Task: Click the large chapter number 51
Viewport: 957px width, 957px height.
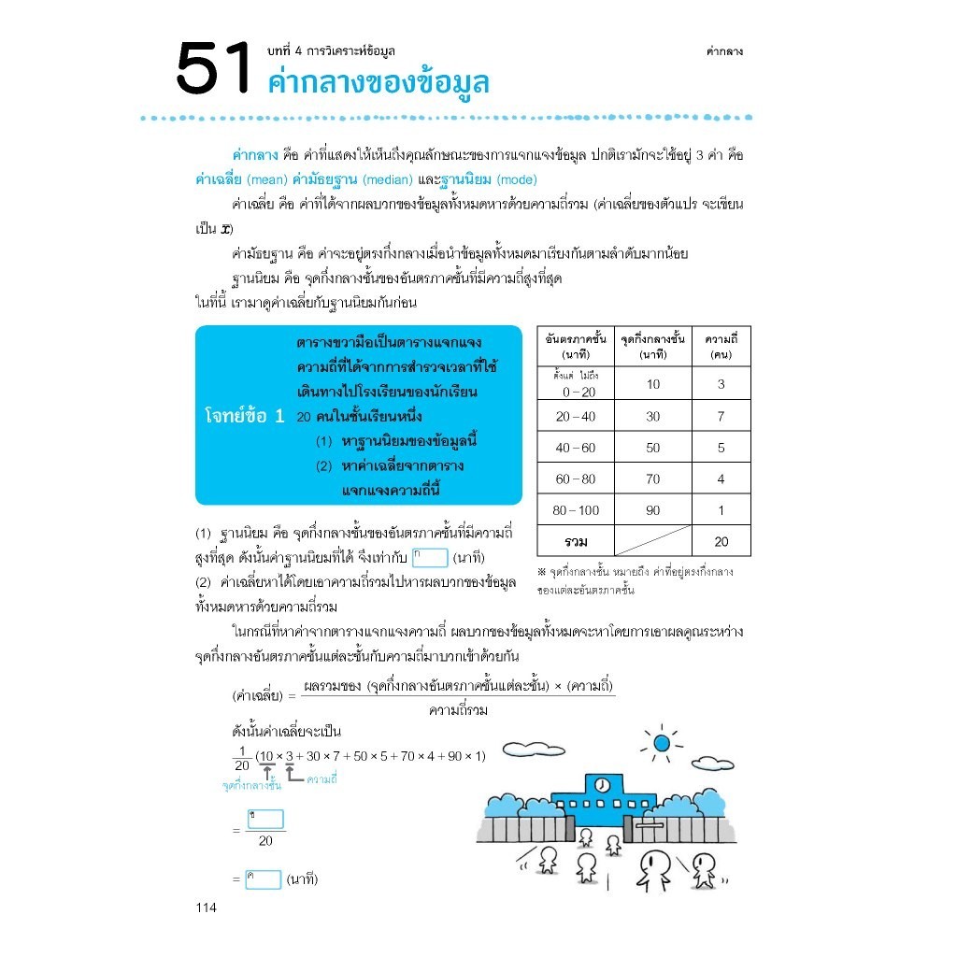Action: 214,70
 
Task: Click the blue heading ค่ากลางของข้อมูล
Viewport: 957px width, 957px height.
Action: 378,82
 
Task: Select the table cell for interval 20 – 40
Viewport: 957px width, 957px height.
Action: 575,417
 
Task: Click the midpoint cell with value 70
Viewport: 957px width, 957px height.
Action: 652,479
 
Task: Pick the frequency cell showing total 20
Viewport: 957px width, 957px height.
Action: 721,542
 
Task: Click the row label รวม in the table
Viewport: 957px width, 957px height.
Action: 575,542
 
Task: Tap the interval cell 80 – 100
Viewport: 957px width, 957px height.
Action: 575,510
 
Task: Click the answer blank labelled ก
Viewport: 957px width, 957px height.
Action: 430,558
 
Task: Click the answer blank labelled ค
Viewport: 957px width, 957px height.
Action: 263,879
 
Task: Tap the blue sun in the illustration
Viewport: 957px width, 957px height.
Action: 662,744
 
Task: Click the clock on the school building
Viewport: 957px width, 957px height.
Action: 603,783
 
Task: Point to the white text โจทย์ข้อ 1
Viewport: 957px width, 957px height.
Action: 243,417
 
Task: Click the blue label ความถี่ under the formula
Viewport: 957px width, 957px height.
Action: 321,778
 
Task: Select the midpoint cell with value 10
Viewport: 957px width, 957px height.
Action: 652,384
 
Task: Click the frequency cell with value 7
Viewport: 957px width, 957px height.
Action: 721,417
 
